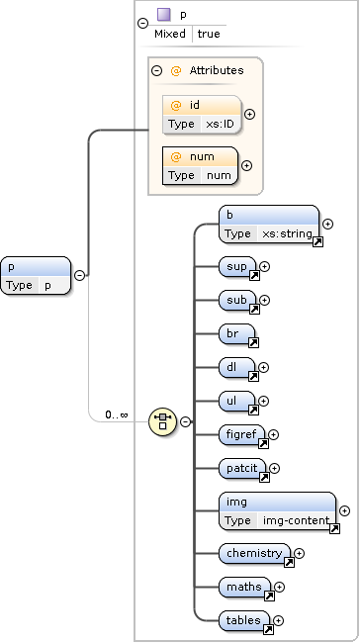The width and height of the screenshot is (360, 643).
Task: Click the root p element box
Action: point(37,275)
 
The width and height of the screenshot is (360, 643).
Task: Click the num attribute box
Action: point(201,166)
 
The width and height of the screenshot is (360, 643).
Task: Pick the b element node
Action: point(268,225)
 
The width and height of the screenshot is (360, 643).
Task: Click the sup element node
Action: point(238,266)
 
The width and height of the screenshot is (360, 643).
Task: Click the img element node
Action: point(277,511)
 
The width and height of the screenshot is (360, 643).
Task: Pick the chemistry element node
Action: point(255,554)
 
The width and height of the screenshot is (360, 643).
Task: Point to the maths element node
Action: point(245,588)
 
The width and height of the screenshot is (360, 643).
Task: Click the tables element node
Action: point(244,621)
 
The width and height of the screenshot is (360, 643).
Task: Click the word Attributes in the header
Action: point(216,71)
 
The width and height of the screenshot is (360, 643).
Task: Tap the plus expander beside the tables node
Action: point(279,621)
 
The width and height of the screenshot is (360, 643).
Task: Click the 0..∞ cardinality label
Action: point(118,414)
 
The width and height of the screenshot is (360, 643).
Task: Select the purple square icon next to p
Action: point(164,15)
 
